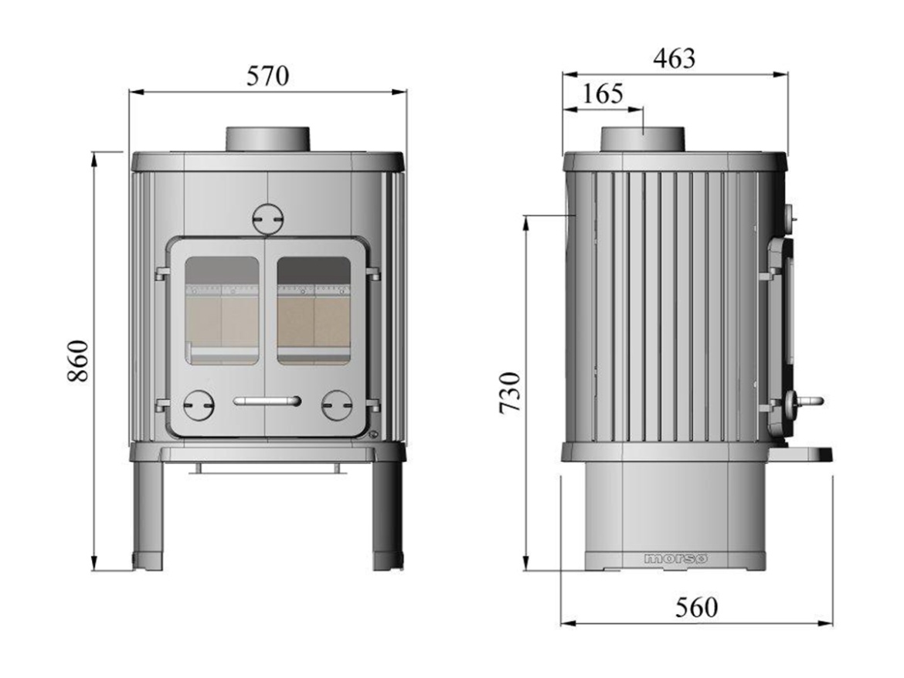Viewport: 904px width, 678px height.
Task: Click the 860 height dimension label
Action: (80, 361)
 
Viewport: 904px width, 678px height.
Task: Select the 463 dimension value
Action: (674, 58)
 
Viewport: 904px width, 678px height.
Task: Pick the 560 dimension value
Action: (695, 607)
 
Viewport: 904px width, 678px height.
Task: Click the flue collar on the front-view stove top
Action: (268, 139)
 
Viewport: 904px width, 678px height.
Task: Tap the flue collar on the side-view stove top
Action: (643, 138)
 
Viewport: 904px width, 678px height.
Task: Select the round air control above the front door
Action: (268, 218)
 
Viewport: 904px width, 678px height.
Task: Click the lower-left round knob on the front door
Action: (199, 405)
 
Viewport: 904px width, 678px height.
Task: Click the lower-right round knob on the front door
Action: (337, 405)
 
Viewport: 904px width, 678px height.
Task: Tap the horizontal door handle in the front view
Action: (267, 401)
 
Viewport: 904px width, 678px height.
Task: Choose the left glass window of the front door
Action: (223, 310)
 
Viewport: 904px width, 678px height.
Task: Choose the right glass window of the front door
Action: (314, 310)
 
